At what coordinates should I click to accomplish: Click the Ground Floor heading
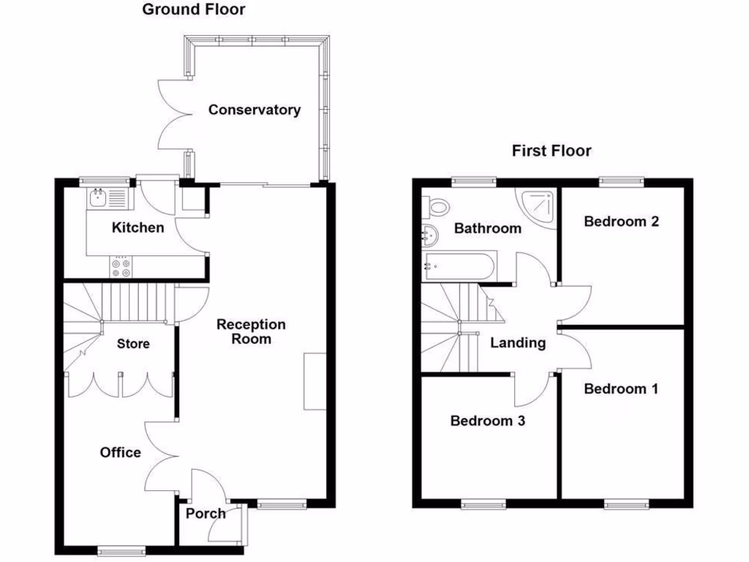pos(193,10)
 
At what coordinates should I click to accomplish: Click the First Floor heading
pos(551,151)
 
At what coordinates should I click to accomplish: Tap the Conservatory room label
pos(254,110)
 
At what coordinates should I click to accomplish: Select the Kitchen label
pos(138,228)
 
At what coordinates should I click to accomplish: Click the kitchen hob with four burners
pos(121,267)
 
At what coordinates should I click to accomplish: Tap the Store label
pos(133,343)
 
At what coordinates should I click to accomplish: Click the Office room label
pos(121,452)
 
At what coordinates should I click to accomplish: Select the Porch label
pos(206,514)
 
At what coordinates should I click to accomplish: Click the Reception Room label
pos(251,331)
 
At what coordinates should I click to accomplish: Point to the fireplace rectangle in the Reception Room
pos(315,381)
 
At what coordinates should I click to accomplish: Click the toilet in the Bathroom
pos(437,206)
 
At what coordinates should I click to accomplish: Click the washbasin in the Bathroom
pos(429,236)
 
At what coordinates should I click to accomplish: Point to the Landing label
pos(518,342)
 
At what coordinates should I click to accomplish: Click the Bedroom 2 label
pos(621,221)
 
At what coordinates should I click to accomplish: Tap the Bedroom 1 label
pos(621,389)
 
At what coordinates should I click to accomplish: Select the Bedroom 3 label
pos(487,421)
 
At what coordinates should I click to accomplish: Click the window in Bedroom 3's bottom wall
pos(483,503)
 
